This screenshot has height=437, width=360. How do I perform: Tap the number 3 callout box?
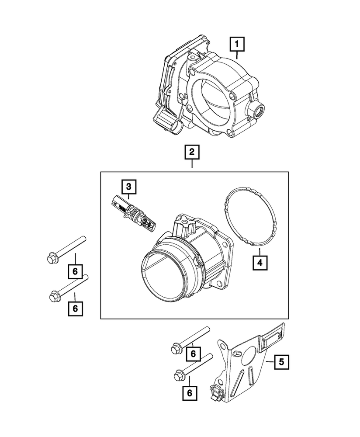click(x=128, y=187)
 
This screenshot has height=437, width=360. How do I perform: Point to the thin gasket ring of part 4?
click(x=227, y=218)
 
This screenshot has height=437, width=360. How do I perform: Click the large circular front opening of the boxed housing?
click(x=163, y=280)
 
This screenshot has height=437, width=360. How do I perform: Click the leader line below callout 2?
click(x=192, y=166)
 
